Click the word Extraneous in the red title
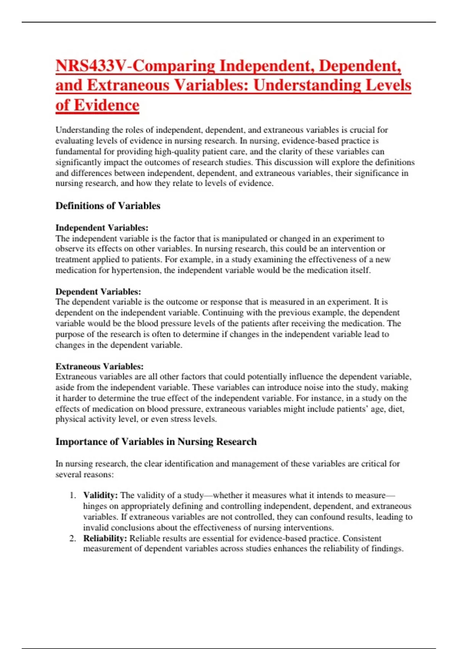point(128,86)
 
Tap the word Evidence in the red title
point(106,105)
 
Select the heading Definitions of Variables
point(108,206)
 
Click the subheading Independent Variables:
point(102,228)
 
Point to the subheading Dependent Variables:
point(98,292)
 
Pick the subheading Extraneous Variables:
point(99,366)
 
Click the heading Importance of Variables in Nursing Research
point(156,442)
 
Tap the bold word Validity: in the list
point(100,496)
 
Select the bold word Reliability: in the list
point(105,539)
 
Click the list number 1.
point(73,496)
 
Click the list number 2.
point(73,539)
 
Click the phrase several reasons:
point(84,475)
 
